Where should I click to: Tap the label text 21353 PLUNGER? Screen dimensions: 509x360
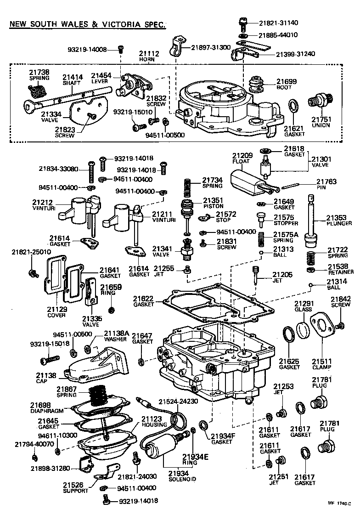point(339,220)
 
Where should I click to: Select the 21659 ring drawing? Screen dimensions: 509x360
point(111,309)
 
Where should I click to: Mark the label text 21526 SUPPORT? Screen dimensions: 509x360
point(75,488)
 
